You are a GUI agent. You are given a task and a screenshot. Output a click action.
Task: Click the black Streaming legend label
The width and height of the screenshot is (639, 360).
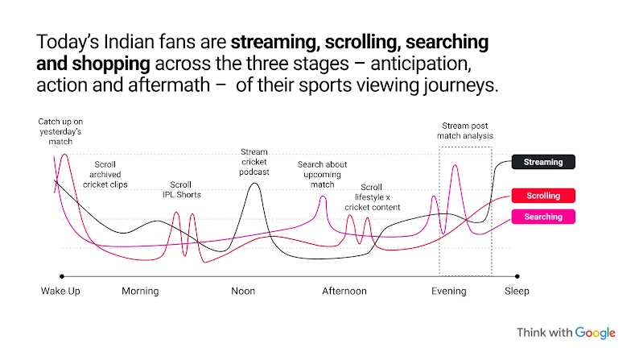click(x=543, y=162)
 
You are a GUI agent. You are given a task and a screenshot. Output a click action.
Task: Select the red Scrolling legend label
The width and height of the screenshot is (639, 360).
click(x=543, y=196)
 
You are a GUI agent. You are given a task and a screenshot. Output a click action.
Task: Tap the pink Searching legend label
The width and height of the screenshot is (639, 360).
click(x=543, y=217)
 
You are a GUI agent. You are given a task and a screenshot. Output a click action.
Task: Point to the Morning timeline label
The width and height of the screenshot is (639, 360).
click(x=140, y=291)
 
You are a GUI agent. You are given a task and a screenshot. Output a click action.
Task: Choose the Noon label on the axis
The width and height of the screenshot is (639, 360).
click(x=243, y=291)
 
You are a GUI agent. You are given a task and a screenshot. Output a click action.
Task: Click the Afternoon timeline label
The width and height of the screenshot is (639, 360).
click(x=344, y=291)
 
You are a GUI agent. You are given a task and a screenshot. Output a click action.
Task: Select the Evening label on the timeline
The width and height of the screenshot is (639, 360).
click(x=449, y=291)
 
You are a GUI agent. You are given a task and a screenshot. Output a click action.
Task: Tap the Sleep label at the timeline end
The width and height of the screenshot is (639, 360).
click(x=517, y=291)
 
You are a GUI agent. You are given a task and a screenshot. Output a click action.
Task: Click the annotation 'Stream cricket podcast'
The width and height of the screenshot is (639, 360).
click(x=254, y=161)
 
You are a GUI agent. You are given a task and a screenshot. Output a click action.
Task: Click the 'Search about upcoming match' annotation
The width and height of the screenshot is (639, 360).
click(x=322, y=175)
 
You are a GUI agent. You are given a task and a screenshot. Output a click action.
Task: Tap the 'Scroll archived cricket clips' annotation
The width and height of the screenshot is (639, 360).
click(x=105, y=173)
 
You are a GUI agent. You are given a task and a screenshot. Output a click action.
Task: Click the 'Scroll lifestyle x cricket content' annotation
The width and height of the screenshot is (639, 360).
click(x=371, y=197)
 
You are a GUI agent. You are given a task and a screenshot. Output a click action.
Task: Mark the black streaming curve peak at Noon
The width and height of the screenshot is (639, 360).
click(x=254, y=184)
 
